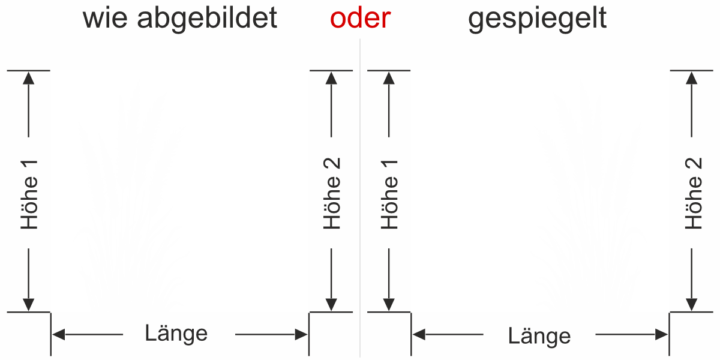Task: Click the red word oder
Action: click(360, 19)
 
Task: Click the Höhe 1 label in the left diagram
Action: click(29, 194)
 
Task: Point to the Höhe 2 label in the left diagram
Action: click(331, 193)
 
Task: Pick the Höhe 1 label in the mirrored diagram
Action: click(390, 194)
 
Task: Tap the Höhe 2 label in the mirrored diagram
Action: click(694, 193)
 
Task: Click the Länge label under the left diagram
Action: click(176, 333)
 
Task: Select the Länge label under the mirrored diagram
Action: click(539, 335)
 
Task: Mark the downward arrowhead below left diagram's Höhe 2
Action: click(331, 305)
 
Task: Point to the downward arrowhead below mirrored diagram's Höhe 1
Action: click(390, 305)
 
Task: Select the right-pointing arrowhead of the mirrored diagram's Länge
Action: click(662, 334)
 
